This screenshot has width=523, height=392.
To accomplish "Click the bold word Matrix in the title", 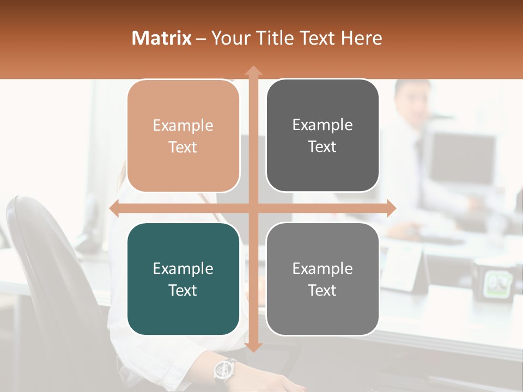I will point(162,38).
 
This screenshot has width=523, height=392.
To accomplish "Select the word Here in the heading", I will point(361,38).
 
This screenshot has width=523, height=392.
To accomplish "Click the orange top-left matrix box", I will point(183,136).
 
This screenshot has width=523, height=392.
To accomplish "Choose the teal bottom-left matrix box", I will point(183,279).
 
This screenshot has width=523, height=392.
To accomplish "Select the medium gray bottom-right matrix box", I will point(323,279).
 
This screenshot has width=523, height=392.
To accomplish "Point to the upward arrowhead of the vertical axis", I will point(253,70).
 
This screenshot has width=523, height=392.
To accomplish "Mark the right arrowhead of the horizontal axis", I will point(391,209).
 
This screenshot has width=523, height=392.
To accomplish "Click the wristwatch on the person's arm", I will point(224,370).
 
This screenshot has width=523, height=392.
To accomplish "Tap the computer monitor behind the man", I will point(463,158).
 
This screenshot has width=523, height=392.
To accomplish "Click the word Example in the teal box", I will point(183,268).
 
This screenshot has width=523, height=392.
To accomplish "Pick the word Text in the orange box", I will point(183,147).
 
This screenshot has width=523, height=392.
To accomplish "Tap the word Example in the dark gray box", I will point(323,125).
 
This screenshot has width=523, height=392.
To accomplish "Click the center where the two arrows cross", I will point(253,209).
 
